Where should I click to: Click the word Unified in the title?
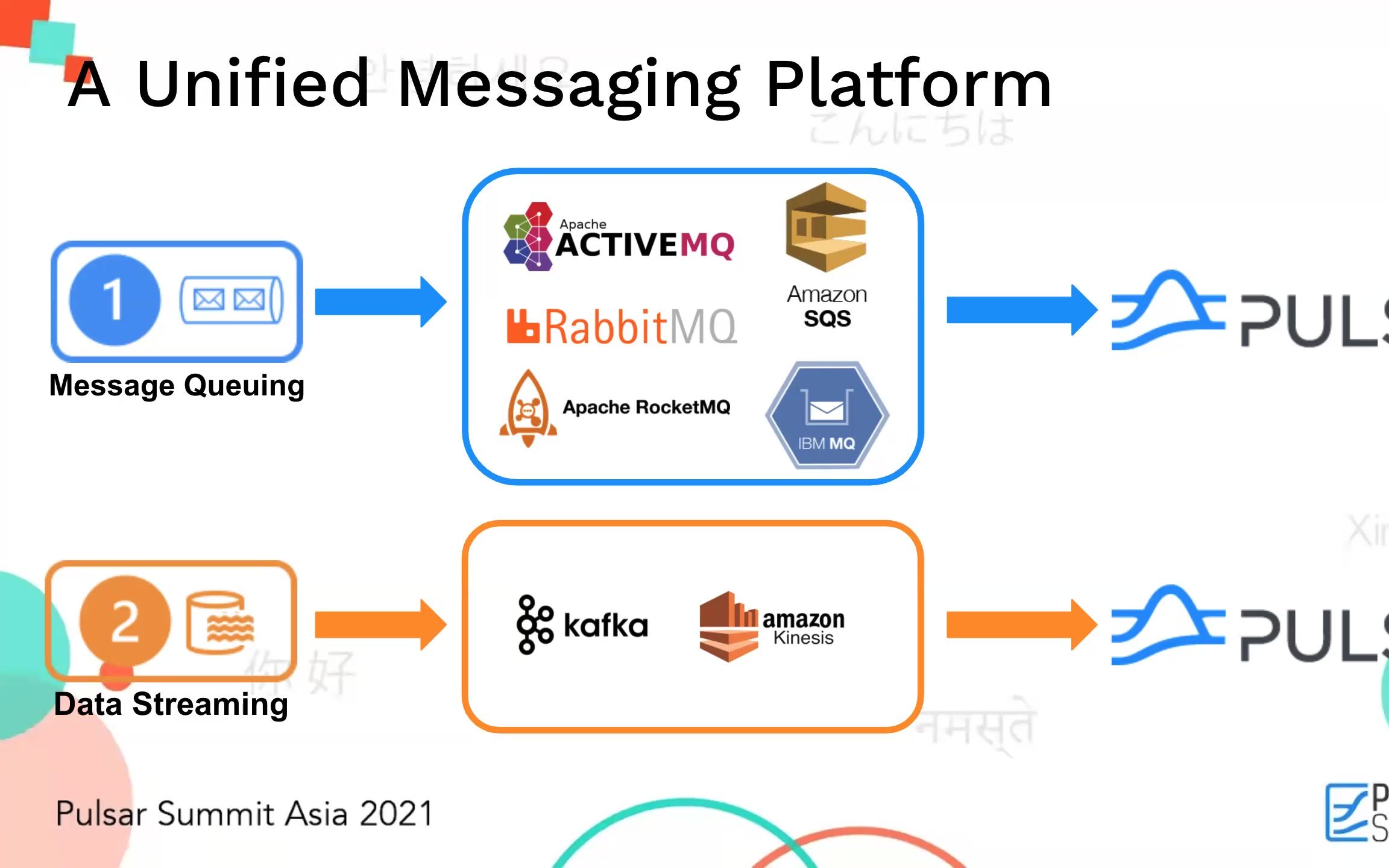click(x=253, y=84)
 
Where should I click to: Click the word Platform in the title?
click(x=909, y=84)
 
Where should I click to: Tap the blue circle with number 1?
click(x=115, y=300)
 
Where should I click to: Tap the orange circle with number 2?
click(x=125, y=621)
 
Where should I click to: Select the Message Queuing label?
click(x=177, y=386)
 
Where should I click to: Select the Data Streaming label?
click(x=171, y=704)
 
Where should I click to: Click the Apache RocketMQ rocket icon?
click(x=528, y=409)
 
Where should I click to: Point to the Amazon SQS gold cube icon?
click(x=826, y=227)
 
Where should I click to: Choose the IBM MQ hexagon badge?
click(x=827, y=415)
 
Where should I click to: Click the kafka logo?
click(x=582, y=624)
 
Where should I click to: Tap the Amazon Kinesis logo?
click(x=772, y=627)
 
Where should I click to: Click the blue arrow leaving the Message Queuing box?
click(x=380, y=301)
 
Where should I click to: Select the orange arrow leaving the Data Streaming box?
click(x=380, y=624)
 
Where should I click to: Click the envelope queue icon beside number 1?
click(x=231, y=300)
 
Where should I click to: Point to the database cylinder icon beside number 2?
click(x=219, y=623)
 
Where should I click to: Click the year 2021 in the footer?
click(x=396, y=813)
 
